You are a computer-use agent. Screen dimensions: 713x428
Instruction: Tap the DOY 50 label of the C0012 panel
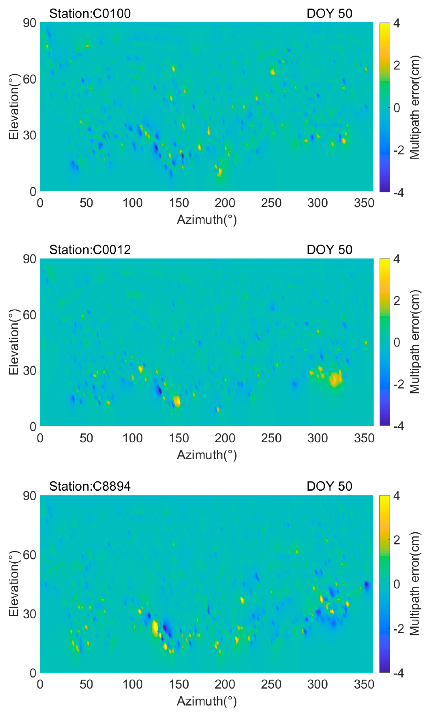coord(329,250)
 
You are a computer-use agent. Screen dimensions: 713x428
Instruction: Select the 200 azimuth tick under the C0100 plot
coord(225,203)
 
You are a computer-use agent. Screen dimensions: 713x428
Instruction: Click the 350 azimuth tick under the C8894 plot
coord(364,684)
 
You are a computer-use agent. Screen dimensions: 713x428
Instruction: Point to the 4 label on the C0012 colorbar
coord(397,259)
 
